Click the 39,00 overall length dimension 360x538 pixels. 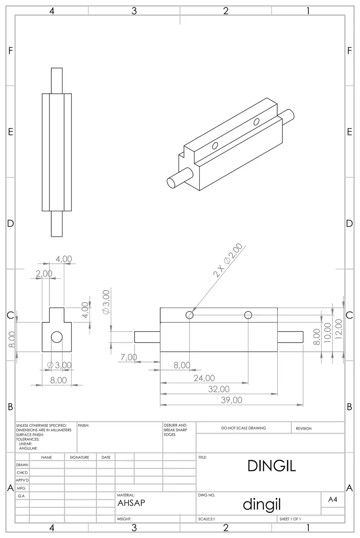[232, 400]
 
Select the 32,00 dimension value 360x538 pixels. [219, 389]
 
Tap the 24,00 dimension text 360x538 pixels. [204, 378]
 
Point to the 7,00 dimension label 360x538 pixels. [129, 357]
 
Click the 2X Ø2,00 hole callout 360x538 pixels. [228, 260]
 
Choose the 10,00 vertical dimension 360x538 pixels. [328, 333]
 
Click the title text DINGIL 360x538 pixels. [271, 466]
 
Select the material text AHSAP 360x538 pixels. [131, 503]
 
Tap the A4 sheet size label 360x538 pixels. [333, 500]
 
